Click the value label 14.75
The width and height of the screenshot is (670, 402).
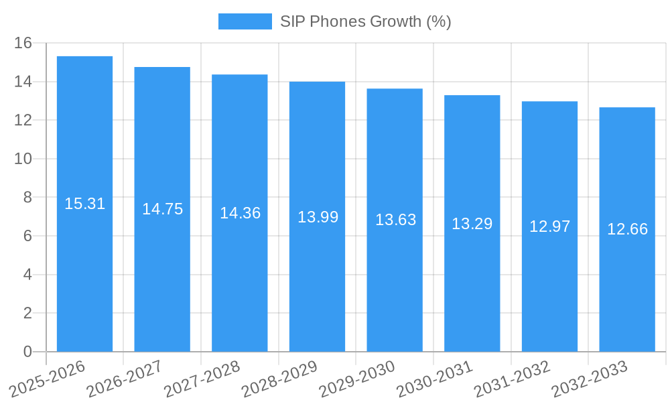click(162, 209)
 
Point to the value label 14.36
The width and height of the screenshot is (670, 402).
click(240, 213)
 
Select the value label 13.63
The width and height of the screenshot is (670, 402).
click(395, 220)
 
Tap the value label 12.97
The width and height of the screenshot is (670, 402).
click(549, 226)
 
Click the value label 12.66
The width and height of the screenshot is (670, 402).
click(627, 229)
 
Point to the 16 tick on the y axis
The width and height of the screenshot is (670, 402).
click(23, 44)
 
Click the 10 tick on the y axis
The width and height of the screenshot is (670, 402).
click(23, 159)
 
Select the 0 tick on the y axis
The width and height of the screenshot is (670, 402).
click(27, 352)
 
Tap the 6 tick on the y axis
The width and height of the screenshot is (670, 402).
click(27, 237)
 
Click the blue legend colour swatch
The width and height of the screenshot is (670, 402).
click(245, 21)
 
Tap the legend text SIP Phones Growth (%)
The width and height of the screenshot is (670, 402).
click(365, 21)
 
